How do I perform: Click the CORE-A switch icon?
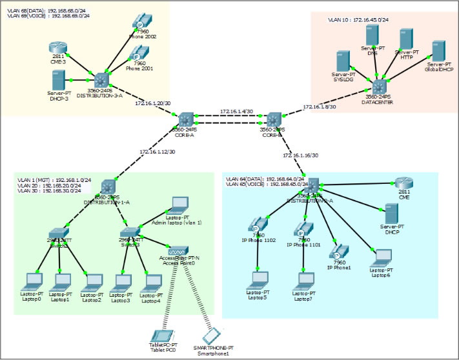pos(187,119)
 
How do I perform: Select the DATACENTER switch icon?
pos(378,86)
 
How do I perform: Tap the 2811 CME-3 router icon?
pos(57,49)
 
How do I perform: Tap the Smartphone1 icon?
pos(212,336)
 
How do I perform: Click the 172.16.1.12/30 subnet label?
pos(157,152)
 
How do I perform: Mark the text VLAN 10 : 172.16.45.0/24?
pos(358,20)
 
